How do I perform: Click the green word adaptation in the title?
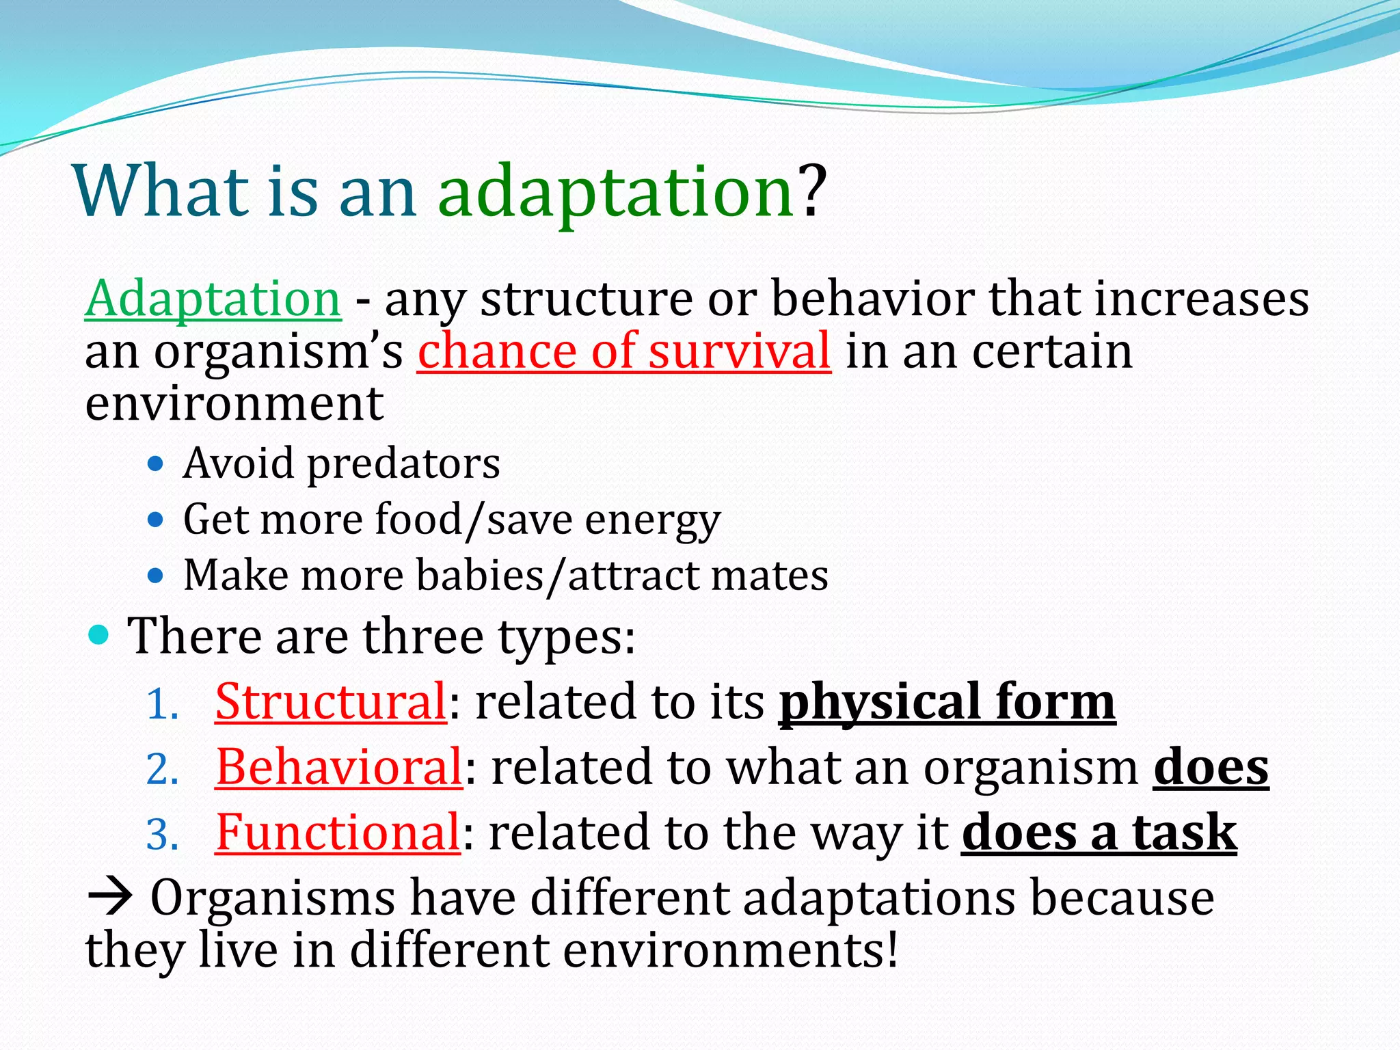tap(615, 193)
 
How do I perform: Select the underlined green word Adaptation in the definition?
tap(213, 299)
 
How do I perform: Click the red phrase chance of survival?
tap(623, 351)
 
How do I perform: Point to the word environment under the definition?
tap(234, 404)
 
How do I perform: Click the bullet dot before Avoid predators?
tap(156, 465)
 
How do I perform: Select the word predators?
tap(403, 465)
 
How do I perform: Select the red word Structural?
tap(331, 702)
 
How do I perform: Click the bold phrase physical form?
tap(947, 703)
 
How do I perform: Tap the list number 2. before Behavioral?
tap(163, 770)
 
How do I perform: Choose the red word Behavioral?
tap(339, 768)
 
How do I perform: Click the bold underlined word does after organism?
tap(1211, 768)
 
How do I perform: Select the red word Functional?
tap(338, 833)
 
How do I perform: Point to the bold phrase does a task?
tap(1099, 833)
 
